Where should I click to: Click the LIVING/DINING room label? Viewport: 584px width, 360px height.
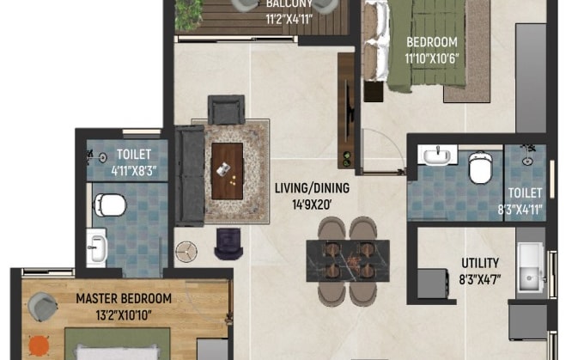(x=312, y=188)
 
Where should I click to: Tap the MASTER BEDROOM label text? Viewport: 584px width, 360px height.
(x=124, y=298)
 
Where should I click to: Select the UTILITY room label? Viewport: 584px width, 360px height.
(x=480, y=263)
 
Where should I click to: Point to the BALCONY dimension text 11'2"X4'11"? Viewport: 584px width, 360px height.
(x=289, y=19)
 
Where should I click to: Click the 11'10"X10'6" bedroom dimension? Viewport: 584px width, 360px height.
(x=432, y=58)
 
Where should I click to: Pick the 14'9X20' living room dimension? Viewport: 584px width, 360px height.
(x=312, y=204)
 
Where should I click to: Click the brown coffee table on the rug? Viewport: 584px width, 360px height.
(x=228, y=171)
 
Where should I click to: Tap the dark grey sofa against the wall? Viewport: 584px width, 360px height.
(x=190, y=176)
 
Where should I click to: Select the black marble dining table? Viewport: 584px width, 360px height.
(x=348, y=261)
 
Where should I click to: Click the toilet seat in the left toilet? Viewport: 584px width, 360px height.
(x=110, y=204)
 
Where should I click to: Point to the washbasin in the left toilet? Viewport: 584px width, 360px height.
(x=97, y=247)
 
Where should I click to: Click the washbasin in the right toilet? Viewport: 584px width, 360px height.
(x=437, y=155)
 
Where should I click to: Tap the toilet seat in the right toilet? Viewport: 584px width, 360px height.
(x=480, y=168)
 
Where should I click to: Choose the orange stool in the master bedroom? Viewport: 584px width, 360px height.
(x=39, y=345)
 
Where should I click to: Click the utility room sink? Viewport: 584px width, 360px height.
(x=531, y=267)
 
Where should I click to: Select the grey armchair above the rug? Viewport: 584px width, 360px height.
(x=226, y=110)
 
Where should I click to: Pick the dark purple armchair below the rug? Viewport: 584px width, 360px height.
(x=228, y=244)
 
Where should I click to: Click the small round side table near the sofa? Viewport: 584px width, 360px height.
(x=186, y=252)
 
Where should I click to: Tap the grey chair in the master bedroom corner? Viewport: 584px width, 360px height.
(x=42, y=307)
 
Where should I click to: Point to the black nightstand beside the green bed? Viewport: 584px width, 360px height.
(x=374, y=92)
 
